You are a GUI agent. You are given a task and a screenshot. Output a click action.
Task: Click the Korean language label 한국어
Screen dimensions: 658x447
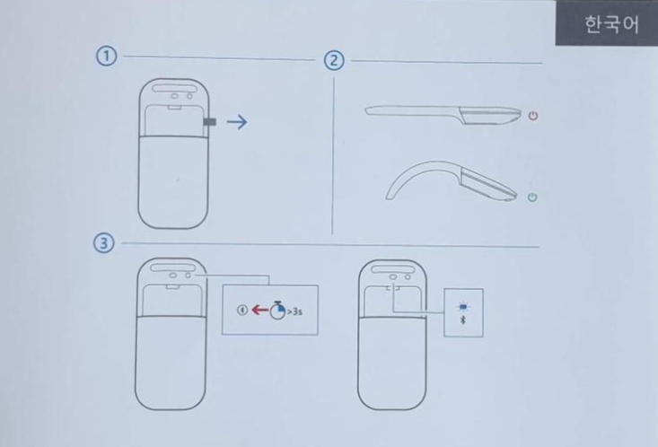(x=612, y=24)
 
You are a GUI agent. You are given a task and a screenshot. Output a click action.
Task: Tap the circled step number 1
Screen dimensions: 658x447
(x=106, y=57)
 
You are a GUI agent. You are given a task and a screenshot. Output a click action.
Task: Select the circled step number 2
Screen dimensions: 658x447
(x=334, y=61)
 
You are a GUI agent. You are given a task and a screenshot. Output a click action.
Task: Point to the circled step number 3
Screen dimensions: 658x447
(x=103, y=243)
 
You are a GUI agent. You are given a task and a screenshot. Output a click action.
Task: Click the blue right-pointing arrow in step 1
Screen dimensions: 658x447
(x=237, y=122)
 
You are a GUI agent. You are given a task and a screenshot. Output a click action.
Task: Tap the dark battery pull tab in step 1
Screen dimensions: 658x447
(x=210, y=122)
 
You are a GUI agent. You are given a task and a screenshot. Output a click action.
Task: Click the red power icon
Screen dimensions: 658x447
(x=533, y=116)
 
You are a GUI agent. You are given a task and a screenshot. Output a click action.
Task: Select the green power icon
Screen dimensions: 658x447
(x=532, y=197)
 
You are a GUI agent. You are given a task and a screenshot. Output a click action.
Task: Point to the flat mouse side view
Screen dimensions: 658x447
(x=443, y=115)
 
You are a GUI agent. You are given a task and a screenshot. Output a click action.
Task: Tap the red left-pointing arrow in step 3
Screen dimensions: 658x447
(x=260, y=311)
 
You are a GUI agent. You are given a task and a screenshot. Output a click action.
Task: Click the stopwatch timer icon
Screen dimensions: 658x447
(x=277, y=311)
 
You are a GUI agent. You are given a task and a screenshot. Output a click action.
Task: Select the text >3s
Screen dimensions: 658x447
(x=294, y=311)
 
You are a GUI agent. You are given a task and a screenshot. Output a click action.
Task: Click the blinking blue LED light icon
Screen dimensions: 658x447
(x=463, y=307)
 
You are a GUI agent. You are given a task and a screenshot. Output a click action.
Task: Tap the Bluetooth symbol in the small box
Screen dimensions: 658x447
(x=463, y=320)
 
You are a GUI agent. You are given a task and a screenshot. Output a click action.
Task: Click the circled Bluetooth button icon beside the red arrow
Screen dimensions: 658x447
(x=242, y=311)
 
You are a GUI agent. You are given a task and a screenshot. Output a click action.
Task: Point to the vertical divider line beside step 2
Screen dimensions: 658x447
(x=333, y=155)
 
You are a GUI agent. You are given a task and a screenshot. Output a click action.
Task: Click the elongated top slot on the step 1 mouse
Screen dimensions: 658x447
(x=175, y=88)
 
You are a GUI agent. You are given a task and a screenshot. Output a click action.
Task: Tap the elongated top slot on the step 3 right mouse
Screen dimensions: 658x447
(x=393, y=269)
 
